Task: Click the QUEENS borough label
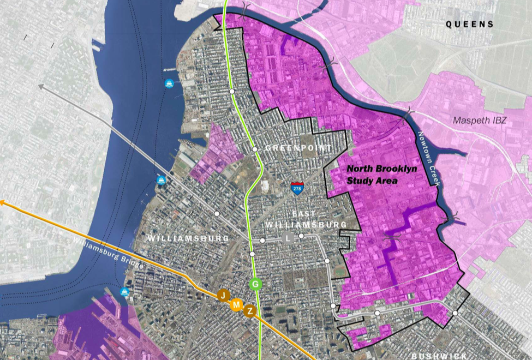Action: point(470,25)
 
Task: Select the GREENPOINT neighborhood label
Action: point(298,148)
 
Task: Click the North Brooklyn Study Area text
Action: point(382,174)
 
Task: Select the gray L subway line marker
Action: point(288,238)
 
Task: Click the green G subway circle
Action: point(255,284)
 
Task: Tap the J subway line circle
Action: point(223,296)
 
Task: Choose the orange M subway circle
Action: point(236,305)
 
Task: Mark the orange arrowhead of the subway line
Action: point(2,202)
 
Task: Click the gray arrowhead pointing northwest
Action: point(41,86)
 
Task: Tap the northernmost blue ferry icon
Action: point(169,83)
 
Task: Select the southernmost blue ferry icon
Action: point(126,292)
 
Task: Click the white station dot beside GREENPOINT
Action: point(254,149)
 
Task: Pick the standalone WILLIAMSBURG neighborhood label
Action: point(180,238)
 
